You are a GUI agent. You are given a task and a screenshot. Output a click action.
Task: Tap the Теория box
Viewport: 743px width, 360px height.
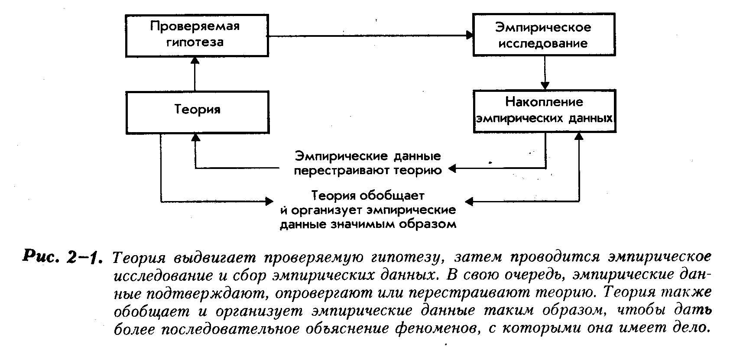pyautogui.click(x=197, y=111)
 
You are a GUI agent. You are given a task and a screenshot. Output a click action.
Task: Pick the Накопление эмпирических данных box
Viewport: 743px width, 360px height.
pyautogui.click(x=544, y=110)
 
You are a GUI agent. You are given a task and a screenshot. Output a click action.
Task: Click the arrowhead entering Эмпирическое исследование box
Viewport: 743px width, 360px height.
pyautogui.click(x=469, y=35)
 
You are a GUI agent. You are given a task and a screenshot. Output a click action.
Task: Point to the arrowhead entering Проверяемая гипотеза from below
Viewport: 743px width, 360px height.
pyautogui.click(x=195, y=61)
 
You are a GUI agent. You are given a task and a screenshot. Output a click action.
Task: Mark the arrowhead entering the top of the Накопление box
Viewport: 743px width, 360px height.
pyautogui.click(x=545, y=85)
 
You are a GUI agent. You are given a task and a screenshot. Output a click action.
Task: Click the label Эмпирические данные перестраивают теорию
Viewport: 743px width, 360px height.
pyautogui.click(x=367, y=163)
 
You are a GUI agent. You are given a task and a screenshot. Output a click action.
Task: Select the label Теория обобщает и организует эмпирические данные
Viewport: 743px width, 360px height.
pyautogui.click(x=368, y=210)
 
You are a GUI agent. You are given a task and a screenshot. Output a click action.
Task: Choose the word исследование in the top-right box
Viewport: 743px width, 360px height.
pyautogui.click(x=543, y=43)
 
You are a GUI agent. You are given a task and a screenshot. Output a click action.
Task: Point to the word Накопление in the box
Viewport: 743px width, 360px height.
pyautogui.click(x=544, y=102)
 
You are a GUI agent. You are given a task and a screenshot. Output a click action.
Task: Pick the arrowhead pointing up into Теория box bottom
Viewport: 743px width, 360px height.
pyautogui.click(x=195, y=137)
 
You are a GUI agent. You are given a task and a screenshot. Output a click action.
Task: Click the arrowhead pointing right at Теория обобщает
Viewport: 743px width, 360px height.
pyautogui.click(x=269, y=201)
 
